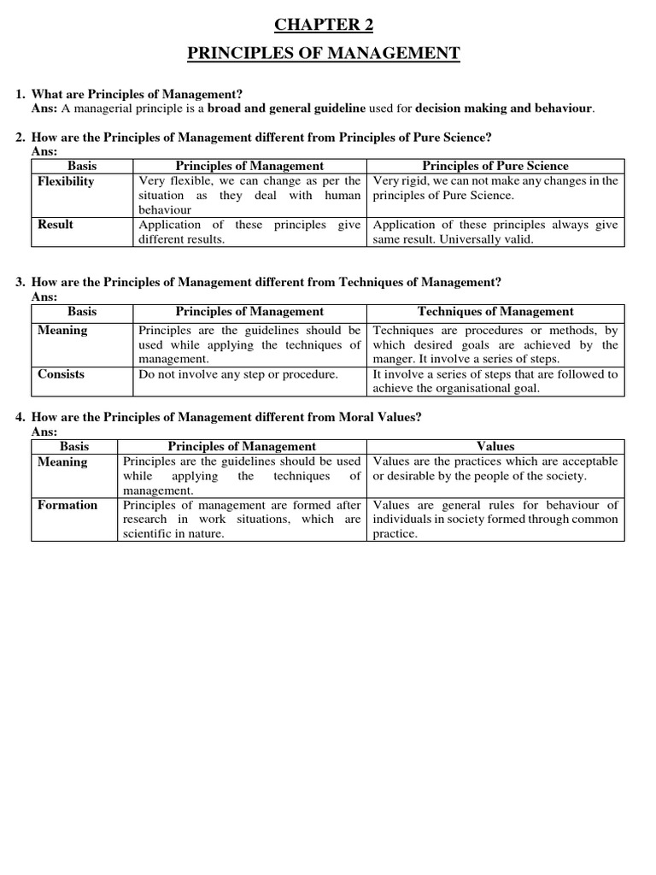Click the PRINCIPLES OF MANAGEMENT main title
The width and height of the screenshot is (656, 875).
tap(324, 54)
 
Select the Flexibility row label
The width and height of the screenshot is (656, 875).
tap(66, 181)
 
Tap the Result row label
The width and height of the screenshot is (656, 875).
tap(56, 225)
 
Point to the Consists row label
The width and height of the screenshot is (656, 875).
tap(61, 374)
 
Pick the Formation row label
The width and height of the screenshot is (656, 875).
tap(67, 505)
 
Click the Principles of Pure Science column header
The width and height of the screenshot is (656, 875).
tap(495, 166)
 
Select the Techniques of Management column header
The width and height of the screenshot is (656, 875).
tap(495, 312)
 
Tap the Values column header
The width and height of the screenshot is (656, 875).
tap(495, 446)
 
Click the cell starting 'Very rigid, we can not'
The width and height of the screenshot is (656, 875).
tap(495, 188)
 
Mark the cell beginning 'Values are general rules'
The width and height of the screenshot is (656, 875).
tap(495, 520)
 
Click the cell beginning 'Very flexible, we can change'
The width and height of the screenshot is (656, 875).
tap(249, 195)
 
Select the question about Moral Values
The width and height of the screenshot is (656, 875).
tap(226, 417)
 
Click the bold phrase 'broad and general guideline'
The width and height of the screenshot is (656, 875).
tap(286, 109)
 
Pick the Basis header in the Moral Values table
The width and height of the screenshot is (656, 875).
tap(74, 446)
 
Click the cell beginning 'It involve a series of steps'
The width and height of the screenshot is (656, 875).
tap(495, 381)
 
